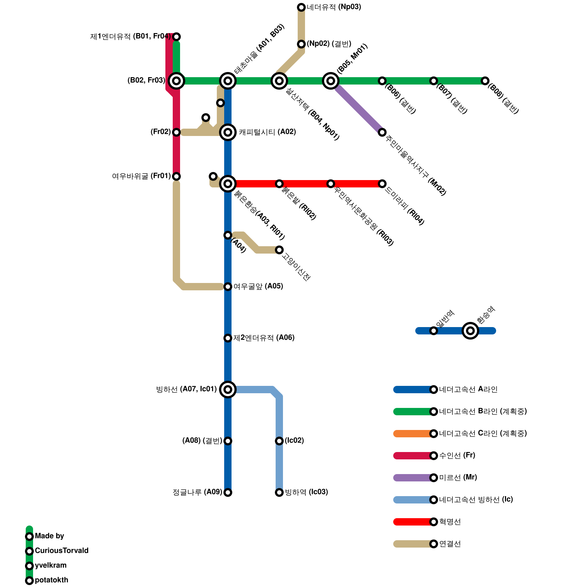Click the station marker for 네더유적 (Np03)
point(301,7)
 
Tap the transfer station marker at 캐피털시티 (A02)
point(228,132)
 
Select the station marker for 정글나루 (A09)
point(228,492)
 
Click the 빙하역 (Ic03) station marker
point(279,492)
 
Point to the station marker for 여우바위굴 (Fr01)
point(176,176)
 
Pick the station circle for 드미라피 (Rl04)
point(382,183)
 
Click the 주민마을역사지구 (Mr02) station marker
point(382,132)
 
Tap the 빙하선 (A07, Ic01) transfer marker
point(228,389)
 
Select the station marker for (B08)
point(485,80)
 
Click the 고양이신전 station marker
point(279,250)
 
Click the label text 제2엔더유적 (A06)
point(264,337)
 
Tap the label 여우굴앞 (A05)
point(258,286)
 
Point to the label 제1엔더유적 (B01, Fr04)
point(130,36)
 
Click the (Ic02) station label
point(294,440)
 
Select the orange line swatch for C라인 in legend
point(412,433)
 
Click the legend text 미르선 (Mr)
point(458,477)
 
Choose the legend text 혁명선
point(450,521)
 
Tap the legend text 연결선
point(450,544)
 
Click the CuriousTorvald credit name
point(61,551)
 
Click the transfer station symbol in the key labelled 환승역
point(470,330)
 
